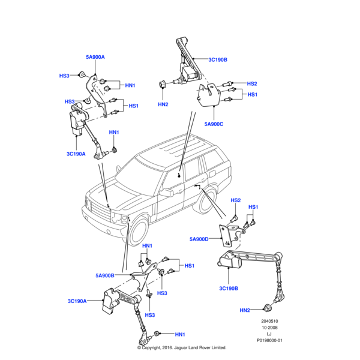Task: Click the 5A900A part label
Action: (95, 57)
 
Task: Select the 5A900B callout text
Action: (106, 275)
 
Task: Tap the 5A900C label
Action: (214, 124)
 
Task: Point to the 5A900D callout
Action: (199, 239)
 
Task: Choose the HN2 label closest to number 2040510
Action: (245, 310)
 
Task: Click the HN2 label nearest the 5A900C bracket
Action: (163, 104)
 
